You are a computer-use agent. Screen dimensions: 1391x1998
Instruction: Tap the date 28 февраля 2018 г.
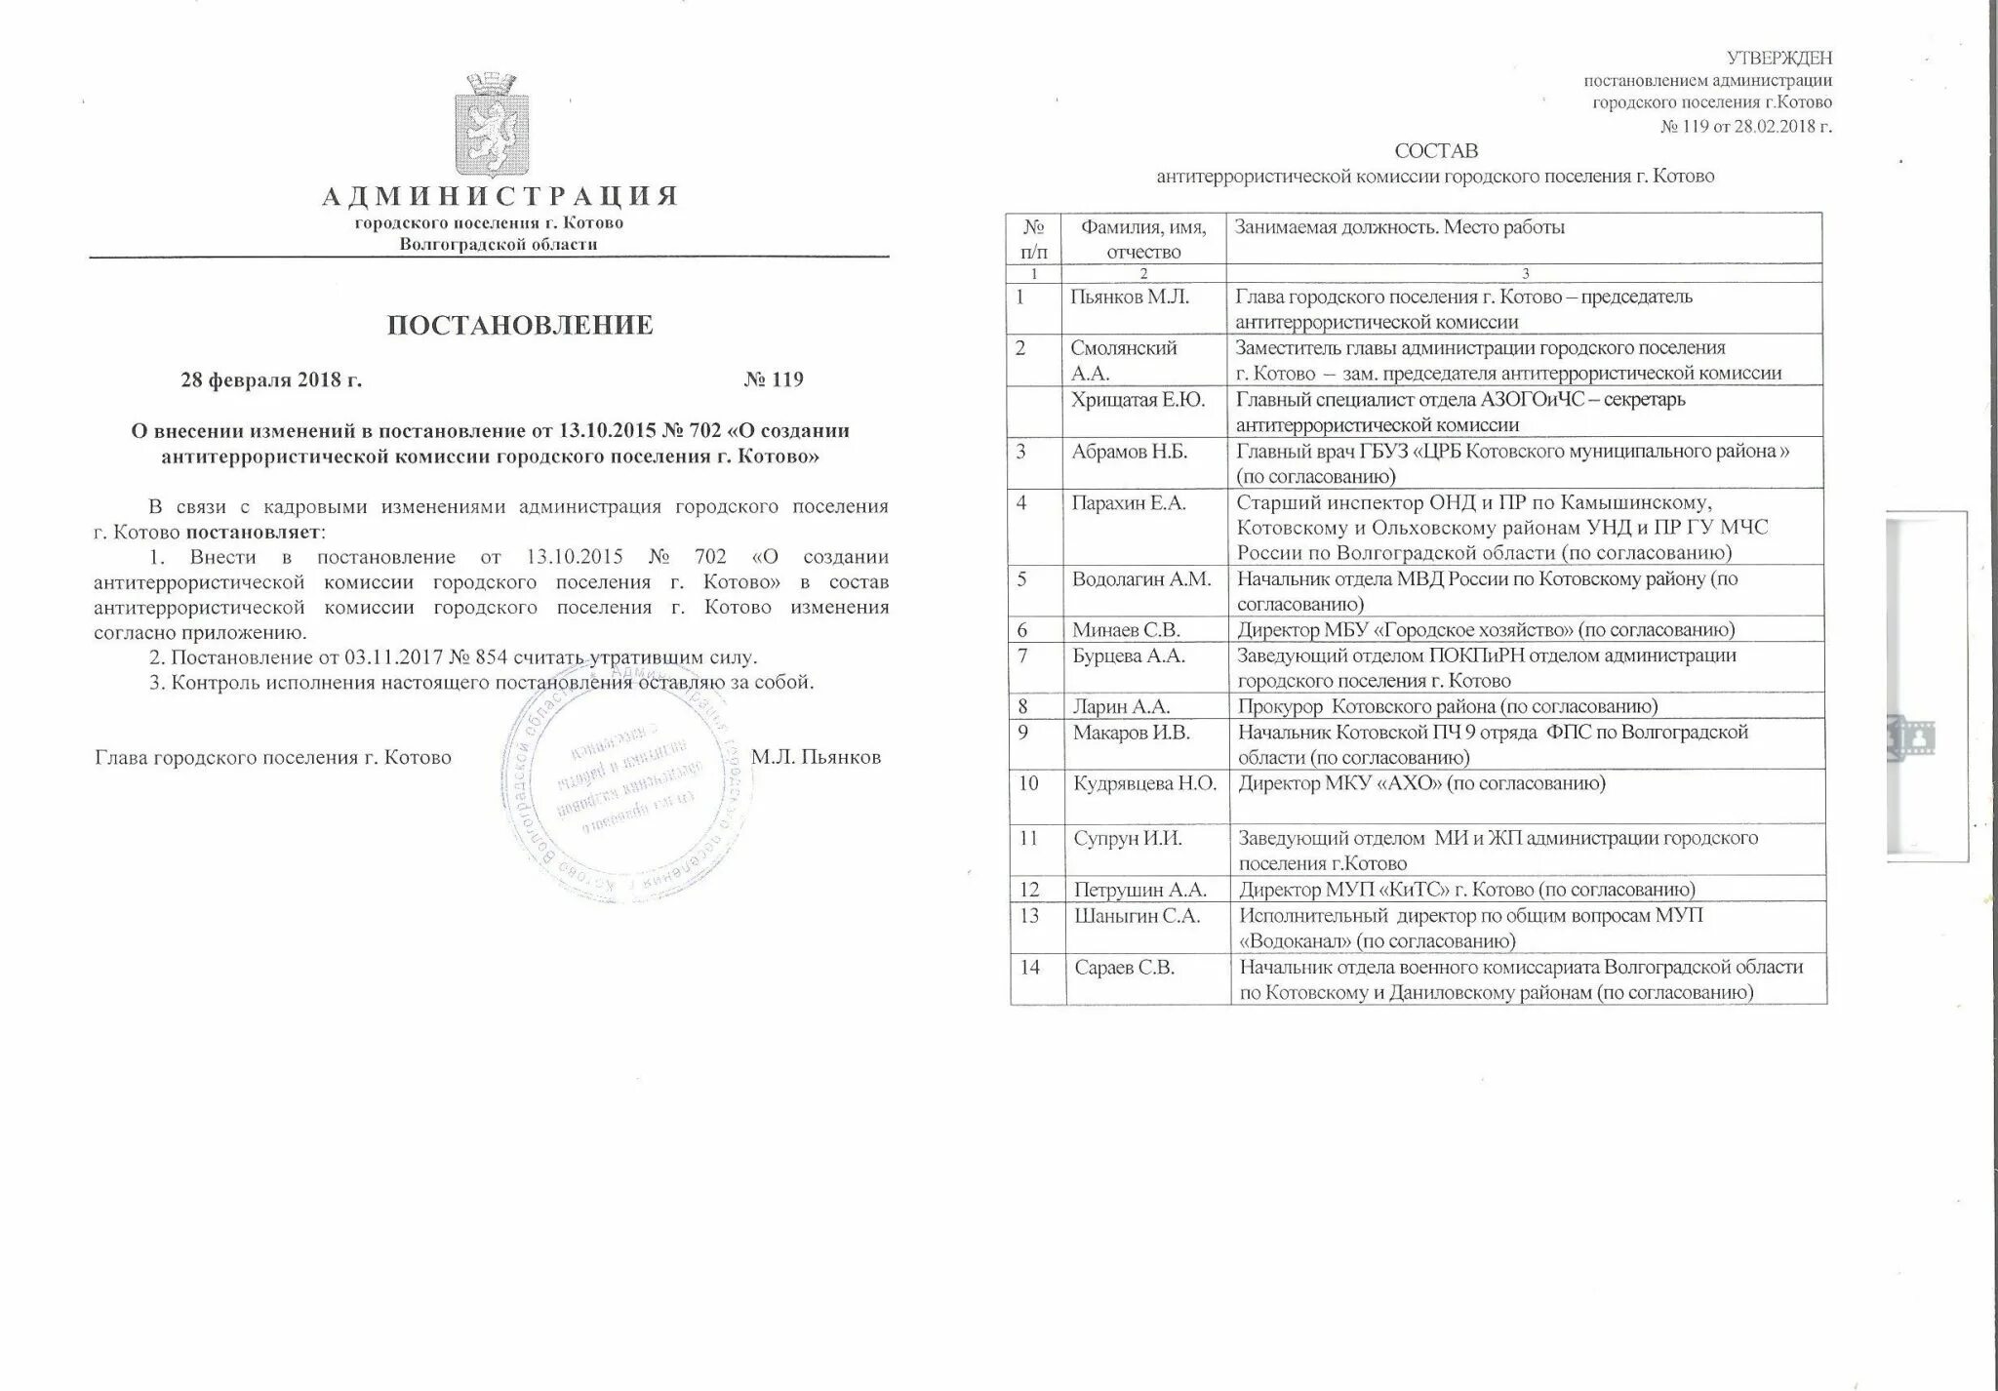click(271, 379)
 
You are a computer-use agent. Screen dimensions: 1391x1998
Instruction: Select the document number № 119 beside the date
click(773, 379)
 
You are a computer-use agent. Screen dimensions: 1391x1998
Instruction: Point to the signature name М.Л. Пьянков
click(816, 757)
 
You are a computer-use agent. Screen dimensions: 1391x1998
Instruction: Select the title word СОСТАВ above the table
click(1435, 151)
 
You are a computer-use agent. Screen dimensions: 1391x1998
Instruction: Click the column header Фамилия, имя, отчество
click(1142, 238)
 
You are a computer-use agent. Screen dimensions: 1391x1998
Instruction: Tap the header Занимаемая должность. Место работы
click(1399, 228)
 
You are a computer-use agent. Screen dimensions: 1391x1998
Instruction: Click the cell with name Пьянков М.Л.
click(1129, 298)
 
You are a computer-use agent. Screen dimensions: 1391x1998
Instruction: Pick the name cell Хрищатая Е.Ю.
click(1137, 400)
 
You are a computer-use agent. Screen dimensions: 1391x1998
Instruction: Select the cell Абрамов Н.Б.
click(1129, 452)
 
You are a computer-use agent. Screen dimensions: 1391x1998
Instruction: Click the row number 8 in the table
click(1023, 706)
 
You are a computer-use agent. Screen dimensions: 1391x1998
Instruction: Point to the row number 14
click(1028, 967)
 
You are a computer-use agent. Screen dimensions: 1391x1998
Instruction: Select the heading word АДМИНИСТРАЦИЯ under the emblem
click(499, 197)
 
